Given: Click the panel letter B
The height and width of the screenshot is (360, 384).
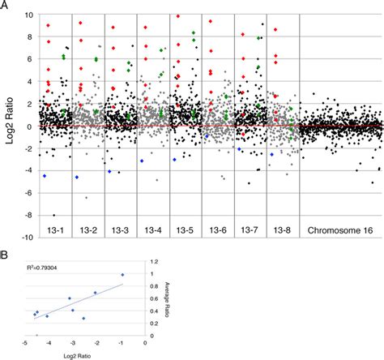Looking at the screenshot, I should tap(5, 259).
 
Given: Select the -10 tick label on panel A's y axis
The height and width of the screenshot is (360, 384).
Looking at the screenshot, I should tap(26, 238).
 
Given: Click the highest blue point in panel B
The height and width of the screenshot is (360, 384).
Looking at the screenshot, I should tap(122, 275).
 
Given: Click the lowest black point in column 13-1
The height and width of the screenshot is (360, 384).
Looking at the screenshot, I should tap(54, 215).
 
